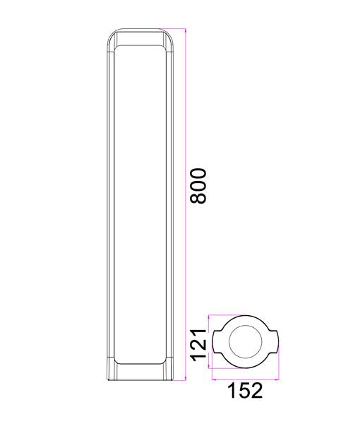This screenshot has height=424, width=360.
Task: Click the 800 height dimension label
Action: click(x=200, y=186)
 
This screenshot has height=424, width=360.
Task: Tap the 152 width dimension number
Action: click(x=246, y=390)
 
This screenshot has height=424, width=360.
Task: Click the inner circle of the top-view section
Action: click(x=245, y=343)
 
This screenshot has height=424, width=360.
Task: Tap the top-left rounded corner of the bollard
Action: click(x=112, y=37)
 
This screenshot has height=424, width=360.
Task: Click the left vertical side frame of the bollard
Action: click(x=110, y=205)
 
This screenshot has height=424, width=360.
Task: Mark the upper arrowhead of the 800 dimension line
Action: click(x=185, y=30)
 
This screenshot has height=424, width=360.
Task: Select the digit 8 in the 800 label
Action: click(x=200, y=199)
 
